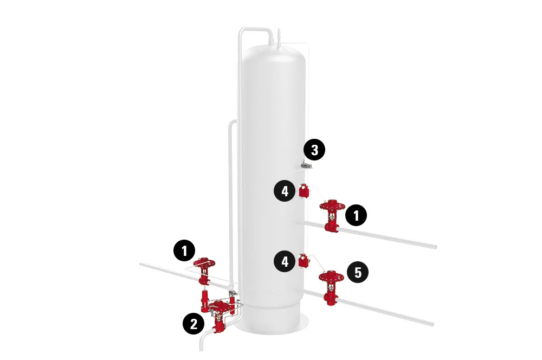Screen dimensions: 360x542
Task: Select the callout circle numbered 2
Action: click(x=193, y=324)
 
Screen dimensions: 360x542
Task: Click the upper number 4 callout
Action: click(x=285, y=191)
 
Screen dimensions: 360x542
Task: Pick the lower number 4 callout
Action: click(x=285, y=262)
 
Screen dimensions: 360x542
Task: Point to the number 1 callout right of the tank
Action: click(x=356, y=215)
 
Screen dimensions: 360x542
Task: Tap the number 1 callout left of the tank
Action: click(x=184, y=251)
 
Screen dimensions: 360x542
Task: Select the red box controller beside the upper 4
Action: click(x=304, y=191)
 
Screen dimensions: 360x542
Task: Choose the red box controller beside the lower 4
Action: click(x=304, y=262)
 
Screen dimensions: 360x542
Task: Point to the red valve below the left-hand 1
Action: click(x=204, y=271)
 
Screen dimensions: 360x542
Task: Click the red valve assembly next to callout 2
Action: click(x=220, y=314)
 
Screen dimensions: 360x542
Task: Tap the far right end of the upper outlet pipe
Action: click(x=435, y=247)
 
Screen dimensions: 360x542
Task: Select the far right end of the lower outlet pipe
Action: click(x=432, y=324)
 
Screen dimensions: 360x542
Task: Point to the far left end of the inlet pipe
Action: click(x=142, y=264)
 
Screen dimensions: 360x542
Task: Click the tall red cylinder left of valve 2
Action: click(x=205, y=300)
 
